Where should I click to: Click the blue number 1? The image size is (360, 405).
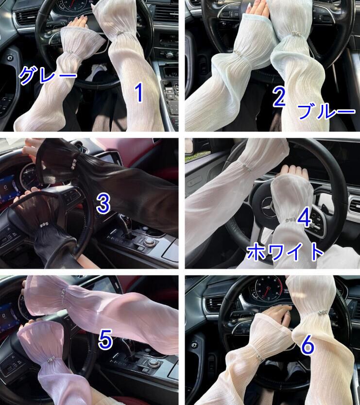point(139,93)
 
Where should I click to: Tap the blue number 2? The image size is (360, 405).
point(279,98)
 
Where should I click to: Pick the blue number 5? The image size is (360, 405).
point(105,338)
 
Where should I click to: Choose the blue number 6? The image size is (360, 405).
point(308,345)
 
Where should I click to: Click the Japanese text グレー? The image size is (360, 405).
point(48,74)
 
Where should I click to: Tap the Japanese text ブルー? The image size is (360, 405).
point(326,111)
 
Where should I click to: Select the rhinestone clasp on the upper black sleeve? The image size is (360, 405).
point(74,164)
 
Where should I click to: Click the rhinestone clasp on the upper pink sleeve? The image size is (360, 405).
point(63,293)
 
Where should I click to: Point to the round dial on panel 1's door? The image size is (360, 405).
point(10,58)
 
